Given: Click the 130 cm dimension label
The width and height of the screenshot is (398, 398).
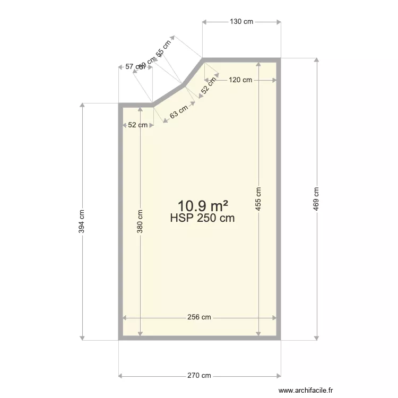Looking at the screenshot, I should (x=241, y=22).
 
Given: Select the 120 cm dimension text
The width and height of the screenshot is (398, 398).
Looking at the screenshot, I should (x=240, y=80).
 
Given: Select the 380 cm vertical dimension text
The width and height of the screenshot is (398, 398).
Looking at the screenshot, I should (x=140, y=221).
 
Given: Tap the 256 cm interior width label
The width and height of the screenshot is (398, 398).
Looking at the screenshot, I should (x=199, y=317).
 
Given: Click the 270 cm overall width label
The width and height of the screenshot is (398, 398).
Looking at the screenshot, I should (x=199, y=376).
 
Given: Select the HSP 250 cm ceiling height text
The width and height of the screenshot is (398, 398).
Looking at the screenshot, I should (x=202, y=218).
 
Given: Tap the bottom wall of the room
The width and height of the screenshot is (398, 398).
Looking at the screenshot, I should (x=199, y=338).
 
